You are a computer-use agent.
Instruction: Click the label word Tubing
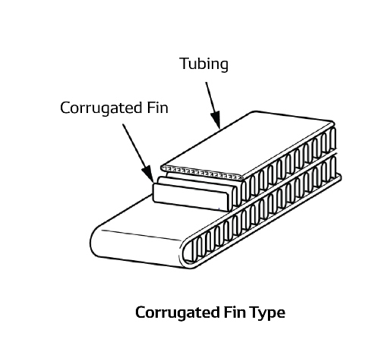pos(204,64)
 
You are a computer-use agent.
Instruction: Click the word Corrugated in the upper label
pos(101,108)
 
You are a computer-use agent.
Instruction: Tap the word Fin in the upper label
pos(157,108)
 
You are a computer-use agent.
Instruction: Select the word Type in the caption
pos(268,313)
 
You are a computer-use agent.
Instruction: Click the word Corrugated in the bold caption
pos(178,313)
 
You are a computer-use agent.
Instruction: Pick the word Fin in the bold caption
pos(235,312)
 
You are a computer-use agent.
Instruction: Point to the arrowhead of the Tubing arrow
pos(216,119)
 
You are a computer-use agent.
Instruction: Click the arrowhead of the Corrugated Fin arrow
pos(148,174)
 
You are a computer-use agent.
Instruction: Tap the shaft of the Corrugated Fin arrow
pos(134,146)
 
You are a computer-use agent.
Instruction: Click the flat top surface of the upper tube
pos(249,144)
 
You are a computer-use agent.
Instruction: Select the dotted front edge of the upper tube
pos(202,173)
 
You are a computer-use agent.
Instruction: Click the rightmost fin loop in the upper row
pos(333,139)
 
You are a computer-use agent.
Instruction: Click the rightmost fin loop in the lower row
pos(333,167)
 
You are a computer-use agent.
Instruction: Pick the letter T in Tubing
pos(184,63)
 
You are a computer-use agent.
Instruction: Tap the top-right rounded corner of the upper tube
pos(333,123)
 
